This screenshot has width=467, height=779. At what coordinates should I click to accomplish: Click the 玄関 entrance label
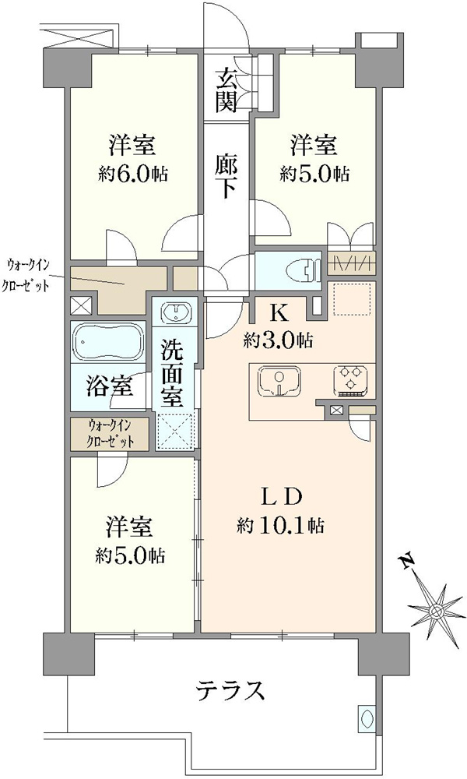click(x=225, y=90)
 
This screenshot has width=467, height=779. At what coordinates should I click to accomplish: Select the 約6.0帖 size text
click(x=132, y=174)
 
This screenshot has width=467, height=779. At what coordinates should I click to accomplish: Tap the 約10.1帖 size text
click(x=281, y=525)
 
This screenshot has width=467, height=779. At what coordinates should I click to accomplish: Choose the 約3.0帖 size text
click(x=278, y=340)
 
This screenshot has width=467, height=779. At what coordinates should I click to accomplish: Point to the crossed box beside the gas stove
click(x=336, y=410)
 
